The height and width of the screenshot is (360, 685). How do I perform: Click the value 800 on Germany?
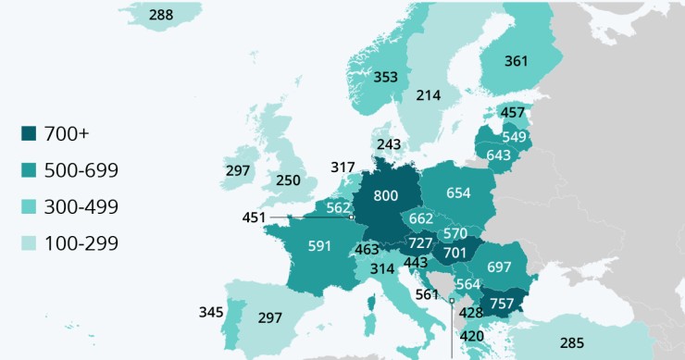[x=385, y=196]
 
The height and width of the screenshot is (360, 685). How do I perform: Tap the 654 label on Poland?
[x=458, y=192]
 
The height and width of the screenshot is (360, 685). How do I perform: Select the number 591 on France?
[x=320, y=246]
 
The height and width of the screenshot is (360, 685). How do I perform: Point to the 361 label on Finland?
[x=517, y=61]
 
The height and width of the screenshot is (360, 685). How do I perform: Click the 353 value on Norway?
[x=386, y=77]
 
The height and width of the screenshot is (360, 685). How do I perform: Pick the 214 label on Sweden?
[x=429, y=95]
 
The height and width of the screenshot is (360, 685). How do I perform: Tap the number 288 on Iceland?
[x=161, y=15]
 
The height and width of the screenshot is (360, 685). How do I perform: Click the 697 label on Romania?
[x=499, y=267]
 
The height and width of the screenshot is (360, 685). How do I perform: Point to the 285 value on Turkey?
[x=572, y=343]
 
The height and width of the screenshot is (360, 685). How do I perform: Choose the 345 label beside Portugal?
[x=211, y=312]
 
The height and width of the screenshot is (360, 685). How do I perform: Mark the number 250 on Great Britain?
[x=288, y=180]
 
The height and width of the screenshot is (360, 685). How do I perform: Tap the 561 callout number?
[x=427, y=295]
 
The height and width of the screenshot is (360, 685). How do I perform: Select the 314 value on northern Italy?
[x=381, y=268]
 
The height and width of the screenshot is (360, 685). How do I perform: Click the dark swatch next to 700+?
[x=30, y=134]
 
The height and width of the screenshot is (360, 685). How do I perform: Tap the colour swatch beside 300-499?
[x=30, y=207]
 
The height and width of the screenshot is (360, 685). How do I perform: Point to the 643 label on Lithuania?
[x=498, y=155]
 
